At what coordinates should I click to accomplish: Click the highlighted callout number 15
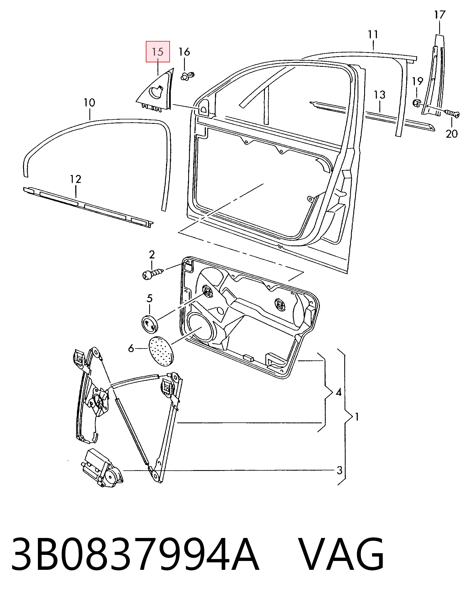point(158,52)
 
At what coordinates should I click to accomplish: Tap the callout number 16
point(184,52)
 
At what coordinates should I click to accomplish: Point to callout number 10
point(89,102)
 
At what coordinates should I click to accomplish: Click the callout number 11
point(373,35)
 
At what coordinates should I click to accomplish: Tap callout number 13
point(380,95)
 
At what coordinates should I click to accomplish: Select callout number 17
point(440,14)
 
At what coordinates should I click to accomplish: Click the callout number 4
point(338,392)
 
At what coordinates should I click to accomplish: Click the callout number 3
point(340,470)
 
